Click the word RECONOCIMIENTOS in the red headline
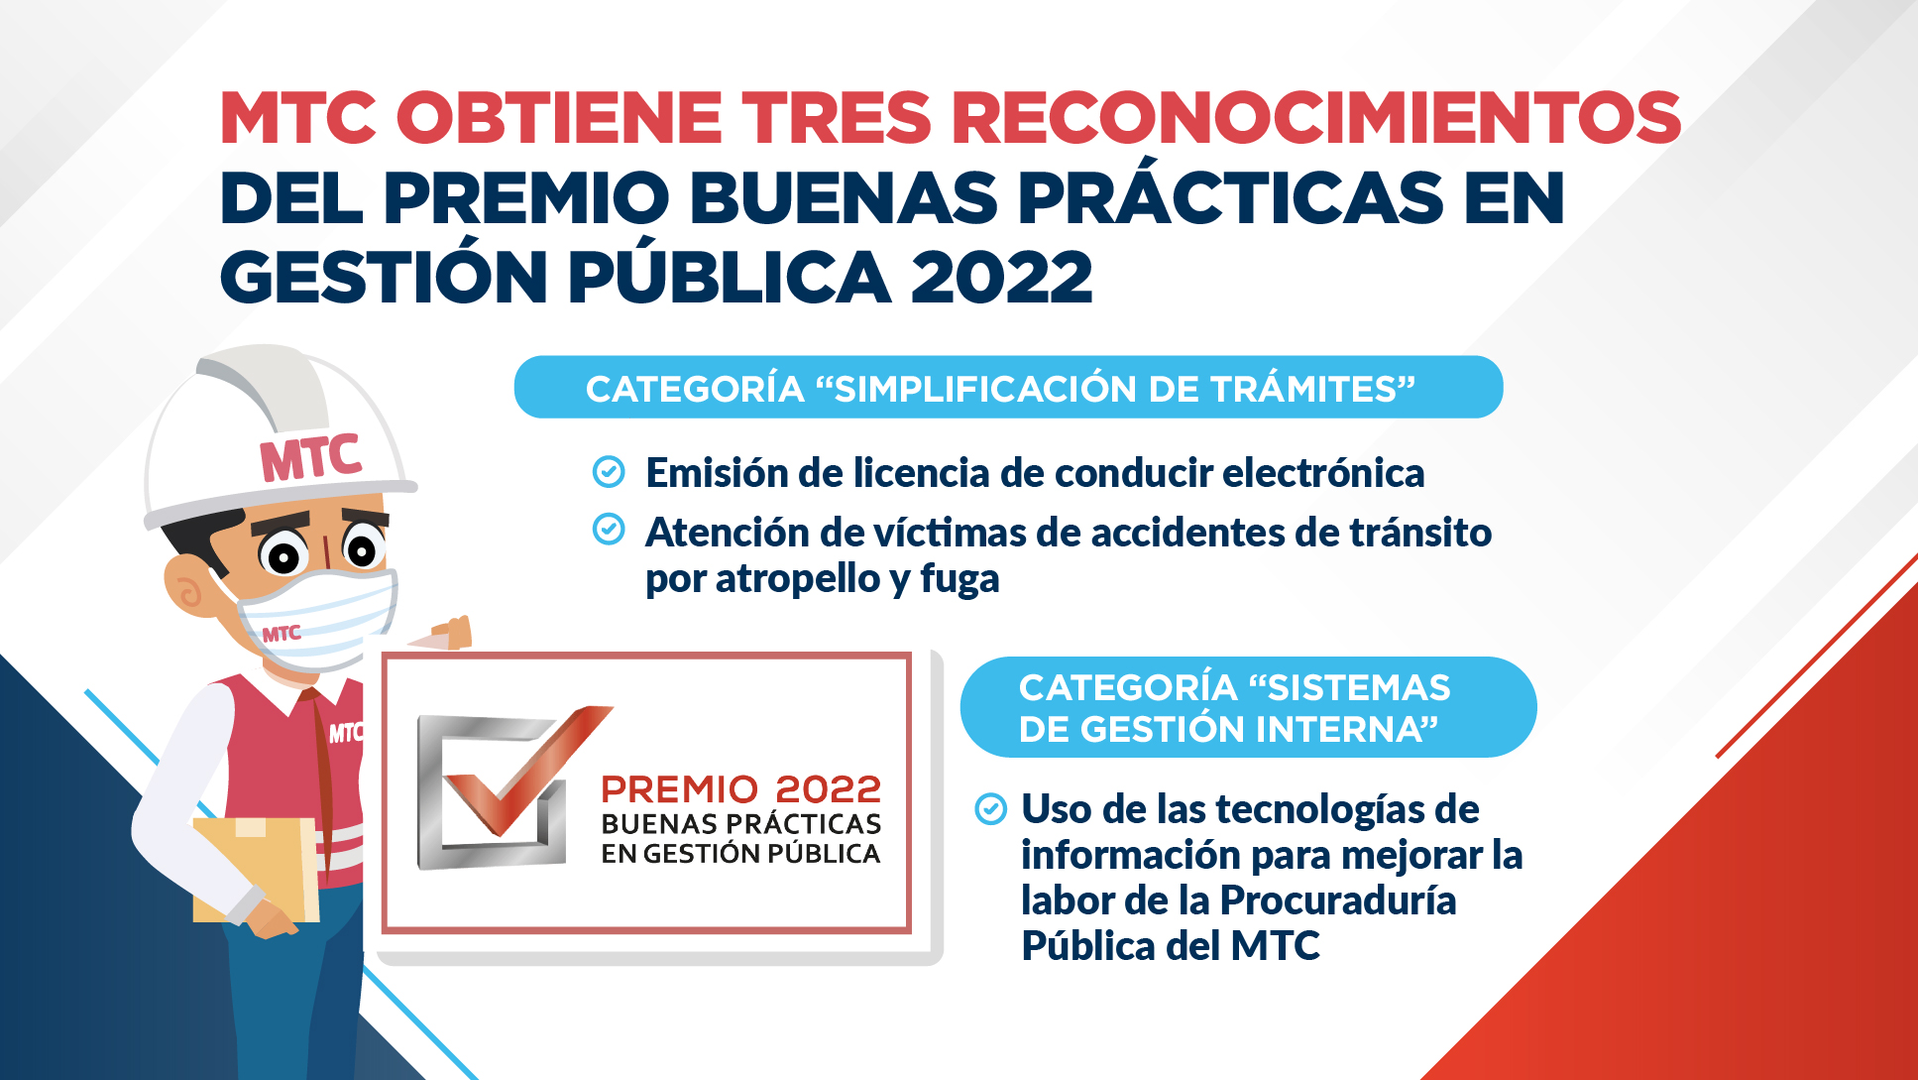(1316, 117)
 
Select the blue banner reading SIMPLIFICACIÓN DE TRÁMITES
(1008, 387)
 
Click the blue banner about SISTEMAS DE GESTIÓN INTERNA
(1248, 707)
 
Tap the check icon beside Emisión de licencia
(609, 472)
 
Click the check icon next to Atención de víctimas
(609, 530)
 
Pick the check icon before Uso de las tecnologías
(991, 809)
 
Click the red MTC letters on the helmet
(310, 458)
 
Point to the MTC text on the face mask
(282, 633)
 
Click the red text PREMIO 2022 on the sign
(740, 789)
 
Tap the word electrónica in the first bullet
(1323, 473)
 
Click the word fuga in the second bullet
(959, 579)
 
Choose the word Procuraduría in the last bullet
(1338, 900)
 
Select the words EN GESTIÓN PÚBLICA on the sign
(740, 854)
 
